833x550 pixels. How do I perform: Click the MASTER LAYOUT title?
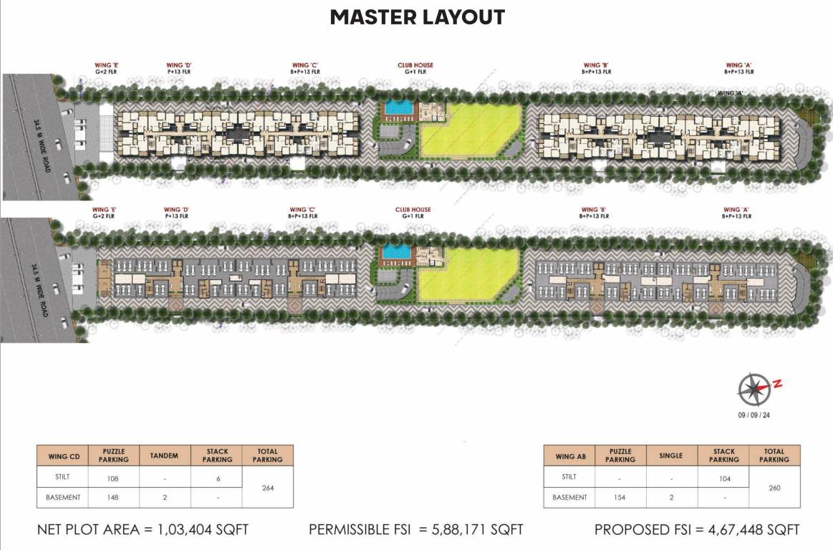pyautogui.click(x=417, y=17)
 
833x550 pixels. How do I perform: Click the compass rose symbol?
pyautogui.click(x=754, y=389)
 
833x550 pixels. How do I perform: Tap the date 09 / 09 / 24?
pyautogui.click(x=754, y=415)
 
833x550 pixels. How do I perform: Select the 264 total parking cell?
pyautogui.click(x=268, y=488)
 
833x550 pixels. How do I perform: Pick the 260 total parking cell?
pyautogui.click(x=775, y=488)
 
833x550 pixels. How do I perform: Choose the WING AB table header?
pyautogui.click(x=570, y=455)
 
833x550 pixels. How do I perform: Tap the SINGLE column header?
pyautogui.click(x=671, y=455)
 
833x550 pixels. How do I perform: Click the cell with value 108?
pyautogui.click(x=113, y=478)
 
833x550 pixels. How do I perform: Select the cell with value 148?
pyautogui.click(x=113, y=498)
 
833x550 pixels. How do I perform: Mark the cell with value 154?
pyautogui.click(x=620, y=498)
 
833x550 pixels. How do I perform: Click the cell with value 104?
pyautogui.click(x=723, y=478)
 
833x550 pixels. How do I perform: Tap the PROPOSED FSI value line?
pyautogui.click(x=697, y=530)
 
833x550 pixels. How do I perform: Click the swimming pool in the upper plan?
pyautogui.click(x=398, y=108)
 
